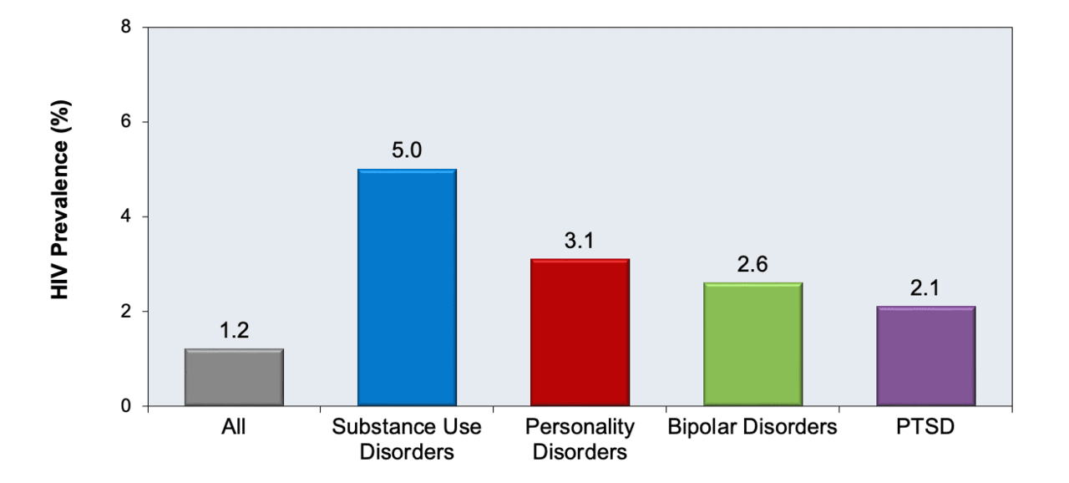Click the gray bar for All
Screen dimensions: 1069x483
(235, 377)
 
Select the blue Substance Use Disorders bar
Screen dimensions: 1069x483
(407, 287)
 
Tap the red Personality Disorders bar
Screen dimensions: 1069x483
(580, 333)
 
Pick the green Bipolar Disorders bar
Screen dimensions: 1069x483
(753, 344)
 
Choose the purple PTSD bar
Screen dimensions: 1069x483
(926, 356)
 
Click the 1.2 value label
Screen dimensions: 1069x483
(235, 330)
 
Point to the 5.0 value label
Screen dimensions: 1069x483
(407, 150)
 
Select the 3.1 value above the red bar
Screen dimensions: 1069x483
(580, 241)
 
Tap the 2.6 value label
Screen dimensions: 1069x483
(752, 264)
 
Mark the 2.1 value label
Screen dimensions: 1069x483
(925, 287)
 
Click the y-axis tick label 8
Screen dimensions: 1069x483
(126, 27)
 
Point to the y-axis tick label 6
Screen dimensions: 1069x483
(126, 122)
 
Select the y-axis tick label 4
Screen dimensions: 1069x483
(126, 216)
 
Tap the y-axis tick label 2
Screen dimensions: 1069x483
(126, 311)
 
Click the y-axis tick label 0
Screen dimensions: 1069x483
(126, 405)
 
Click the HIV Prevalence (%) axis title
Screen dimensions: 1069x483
(61, 200)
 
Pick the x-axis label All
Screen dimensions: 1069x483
(233, 426)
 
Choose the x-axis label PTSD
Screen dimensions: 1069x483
(925, 426)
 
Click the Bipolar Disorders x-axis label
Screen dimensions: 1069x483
(752, 426)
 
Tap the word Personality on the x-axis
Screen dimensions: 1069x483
(580, 427)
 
